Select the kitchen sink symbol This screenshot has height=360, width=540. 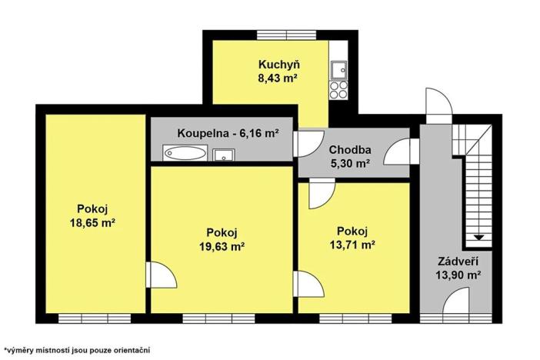coord(338,72)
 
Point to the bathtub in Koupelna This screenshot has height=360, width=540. coord(185,154)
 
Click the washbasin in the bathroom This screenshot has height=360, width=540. coord(224,155)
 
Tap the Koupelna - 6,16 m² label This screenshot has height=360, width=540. coord(228,132)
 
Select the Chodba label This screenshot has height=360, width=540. coord(350,149)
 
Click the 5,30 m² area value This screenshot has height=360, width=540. coord(350,163)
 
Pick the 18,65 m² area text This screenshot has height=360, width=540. coord(92,222)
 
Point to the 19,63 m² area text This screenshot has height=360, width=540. coord(222,246)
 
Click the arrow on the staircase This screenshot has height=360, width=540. coord(478,237)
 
